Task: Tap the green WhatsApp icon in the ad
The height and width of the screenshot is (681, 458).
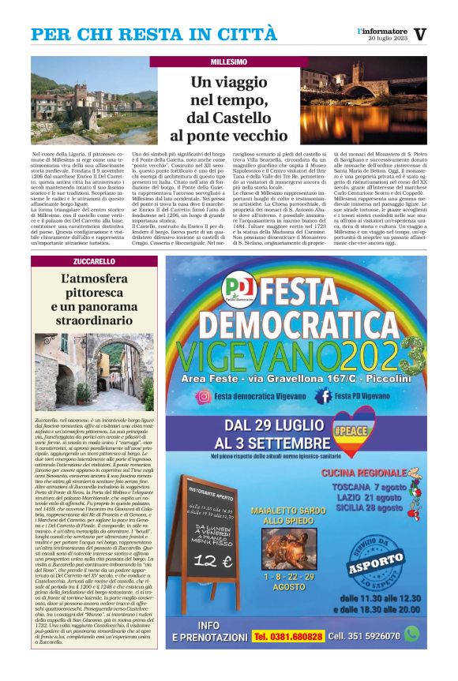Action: point(411,634)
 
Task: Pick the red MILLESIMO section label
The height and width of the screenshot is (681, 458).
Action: point(229,62)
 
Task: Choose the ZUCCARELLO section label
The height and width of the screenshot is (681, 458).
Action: point(94,261)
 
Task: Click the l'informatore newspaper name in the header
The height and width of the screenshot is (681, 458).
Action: point(383,31)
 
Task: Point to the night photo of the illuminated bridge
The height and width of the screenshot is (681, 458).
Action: point(364,101)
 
